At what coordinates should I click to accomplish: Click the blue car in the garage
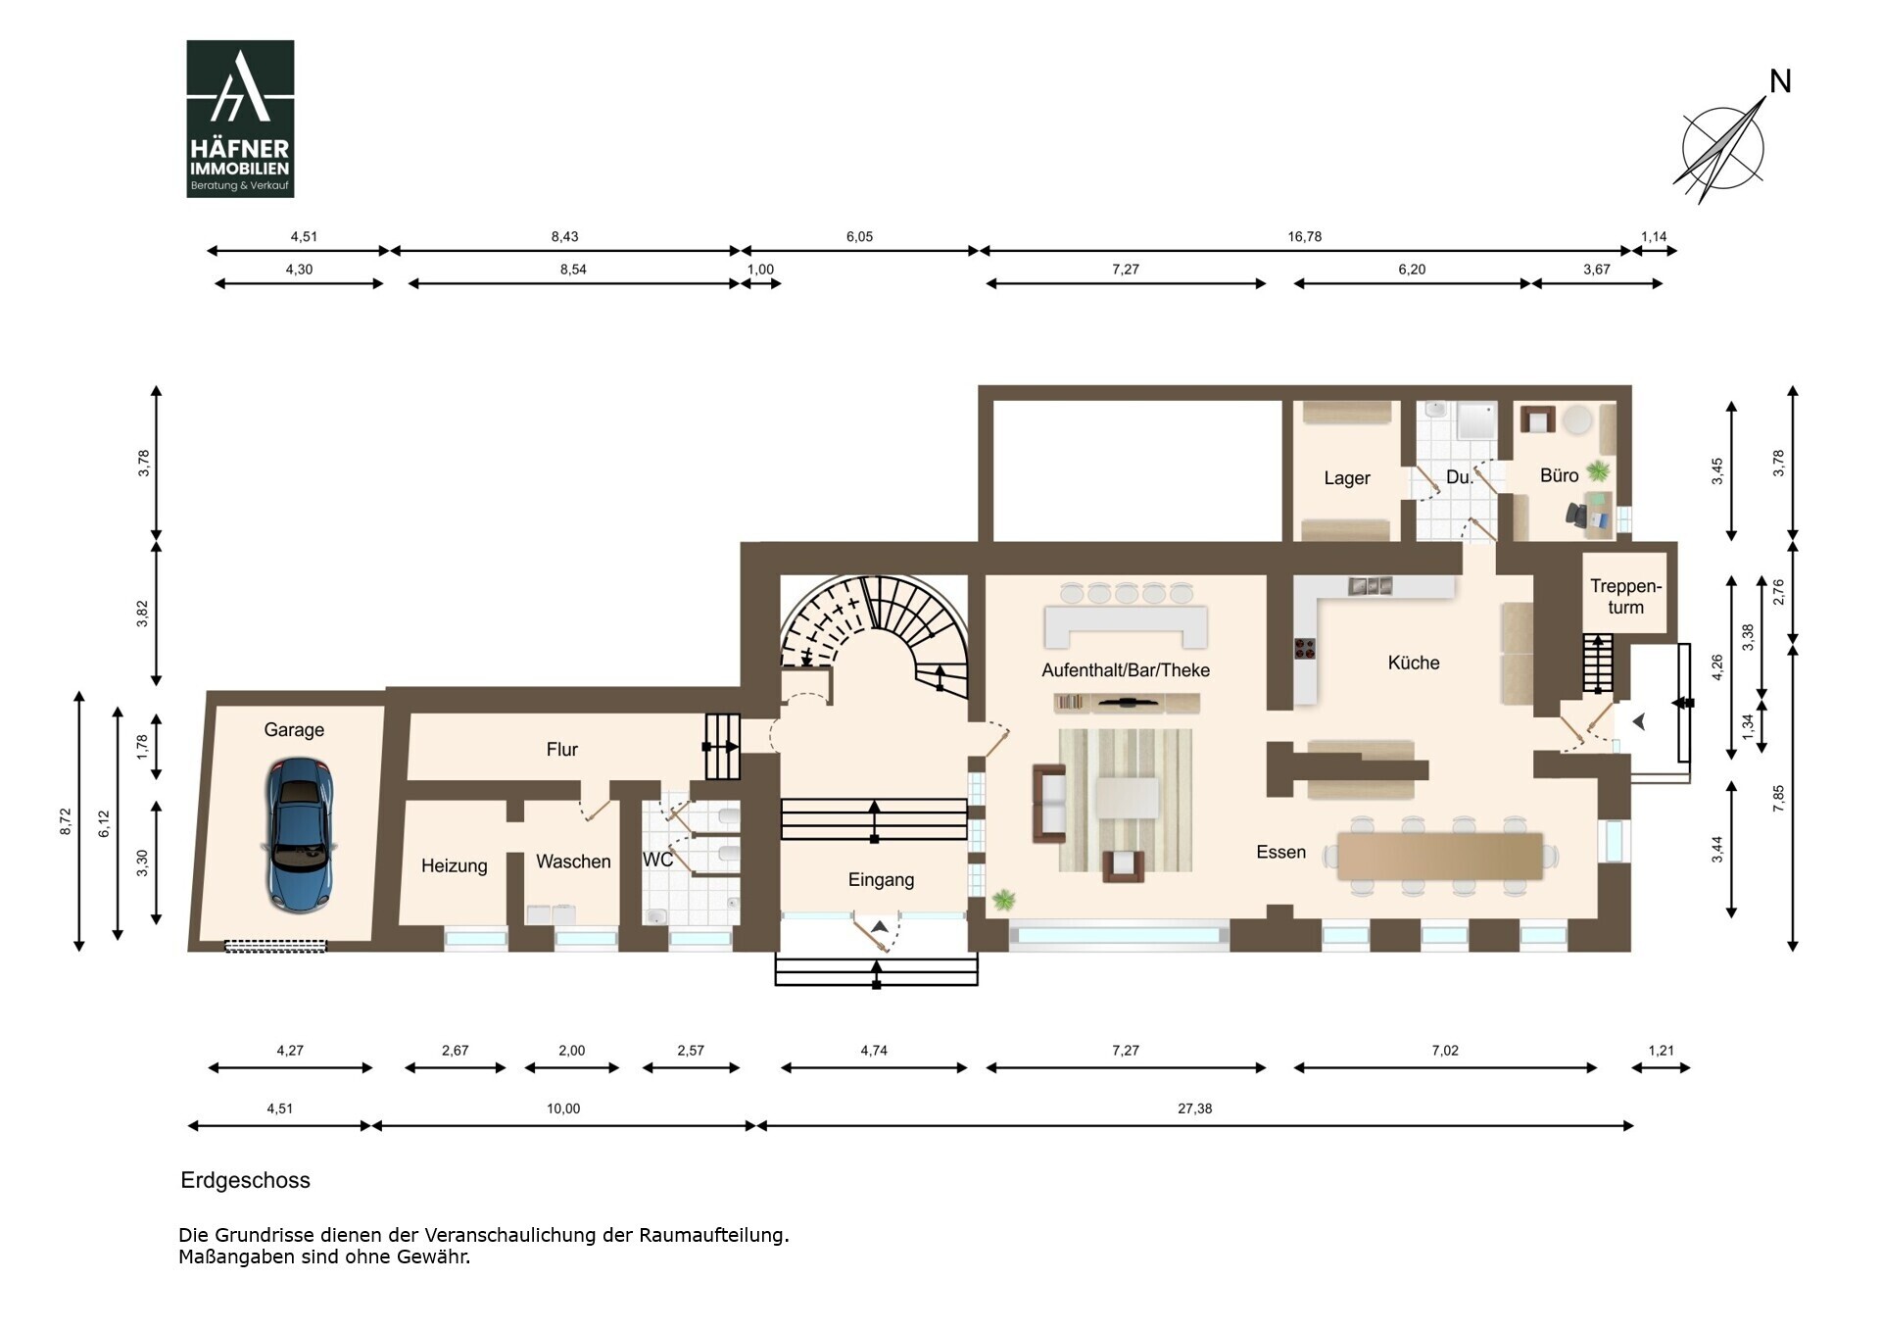tap(299, 835)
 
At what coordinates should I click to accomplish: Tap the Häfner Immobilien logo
tap(240, 119)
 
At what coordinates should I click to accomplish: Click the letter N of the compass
tap(1780, 81)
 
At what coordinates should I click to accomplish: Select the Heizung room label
tap(455, 865)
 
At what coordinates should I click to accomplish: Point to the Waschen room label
tap(573, 862)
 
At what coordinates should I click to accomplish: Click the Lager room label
tap(1347, 478)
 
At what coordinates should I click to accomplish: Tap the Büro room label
tap(1559, 475)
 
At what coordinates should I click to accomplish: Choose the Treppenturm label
tap(1625, 596)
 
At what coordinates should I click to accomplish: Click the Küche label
tap(1414, 663)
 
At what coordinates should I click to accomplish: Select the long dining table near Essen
tap(1440, 856)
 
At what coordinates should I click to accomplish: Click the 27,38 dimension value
tap(1194, 1108)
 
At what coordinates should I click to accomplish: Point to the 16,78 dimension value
tap(1304, 236)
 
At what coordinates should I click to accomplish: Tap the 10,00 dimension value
tap(563, 1108)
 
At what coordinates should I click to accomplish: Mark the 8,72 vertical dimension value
tap(66, 821)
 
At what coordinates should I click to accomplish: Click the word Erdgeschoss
tap(245, 1180)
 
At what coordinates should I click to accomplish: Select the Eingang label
tap(881, 879)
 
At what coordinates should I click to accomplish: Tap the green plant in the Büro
tap(1598, 470)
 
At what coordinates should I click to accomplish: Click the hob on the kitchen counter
tap(1305, 647)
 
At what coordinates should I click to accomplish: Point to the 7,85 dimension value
tap(1778, 798)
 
